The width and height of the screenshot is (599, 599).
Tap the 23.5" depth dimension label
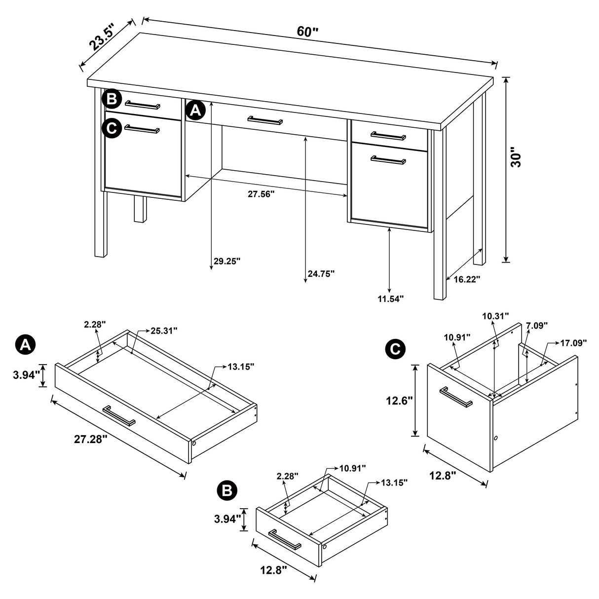[102, 37]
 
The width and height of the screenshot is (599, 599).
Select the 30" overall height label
[516, 157]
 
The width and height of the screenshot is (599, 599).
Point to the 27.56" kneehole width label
[261, 194]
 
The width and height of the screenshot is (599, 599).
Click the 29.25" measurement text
[226, 261]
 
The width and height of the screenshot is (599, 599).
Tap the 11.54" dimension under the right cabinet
[390, 298]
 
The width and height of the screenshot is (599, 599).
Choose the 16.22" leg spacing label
[466, 279]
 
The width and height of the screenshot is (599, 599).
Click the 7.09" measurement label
[537, 325]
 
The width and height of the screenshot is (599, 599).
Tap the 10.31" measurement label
[495, 316]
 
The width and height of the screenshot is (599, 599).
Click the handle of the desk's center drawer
[265, 120]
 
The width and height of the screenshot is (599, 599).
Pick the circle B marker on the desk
[112, 99]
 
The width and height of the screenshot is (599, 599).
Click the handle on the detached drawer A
[119, 415]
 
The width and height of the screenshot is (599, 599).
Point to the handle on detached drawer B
[285, 539]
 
